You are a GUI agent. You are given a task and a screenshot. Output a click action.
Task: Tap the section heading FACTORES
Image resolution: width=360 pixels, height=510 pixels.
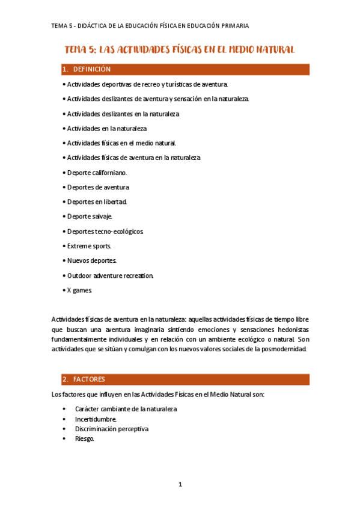point(89,379)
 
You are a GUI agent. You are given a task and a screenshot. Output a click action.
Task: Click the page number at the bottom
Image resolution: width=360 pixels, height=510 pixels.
point(180,484)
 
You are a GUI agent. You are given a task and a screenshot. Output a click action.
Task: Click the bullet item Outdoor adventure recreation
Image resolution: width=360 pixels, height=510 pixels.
point(110,275)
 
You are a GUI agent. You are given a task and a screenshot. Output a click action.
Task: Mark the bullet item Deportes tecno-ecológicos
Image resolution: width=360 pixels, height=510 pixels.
point(105,232)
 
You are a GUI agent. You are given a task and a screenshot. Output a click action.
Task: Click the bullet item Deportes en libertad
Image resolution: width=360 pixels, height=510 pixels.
point(97,202)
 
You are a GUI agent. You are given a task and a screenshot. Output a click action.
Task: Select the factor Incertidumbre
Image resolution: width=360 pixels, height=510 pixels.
point(96,419)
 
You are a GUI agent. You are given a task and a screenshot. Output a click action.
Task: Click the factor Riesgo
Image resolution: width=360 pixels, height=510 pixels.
point(85,438)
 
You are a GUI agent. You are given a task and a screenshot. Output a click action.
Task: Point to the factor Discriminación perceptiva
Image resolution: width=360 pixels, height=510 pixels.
point(112,429)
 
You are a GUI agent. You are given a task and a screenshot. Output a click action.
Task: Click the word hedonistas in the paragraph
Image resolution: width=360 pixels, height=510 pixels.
point(290,330)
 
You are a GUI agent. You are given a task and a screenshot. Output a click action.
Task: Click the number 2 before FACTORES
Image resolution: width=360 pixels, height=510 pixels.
point(64,379)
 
